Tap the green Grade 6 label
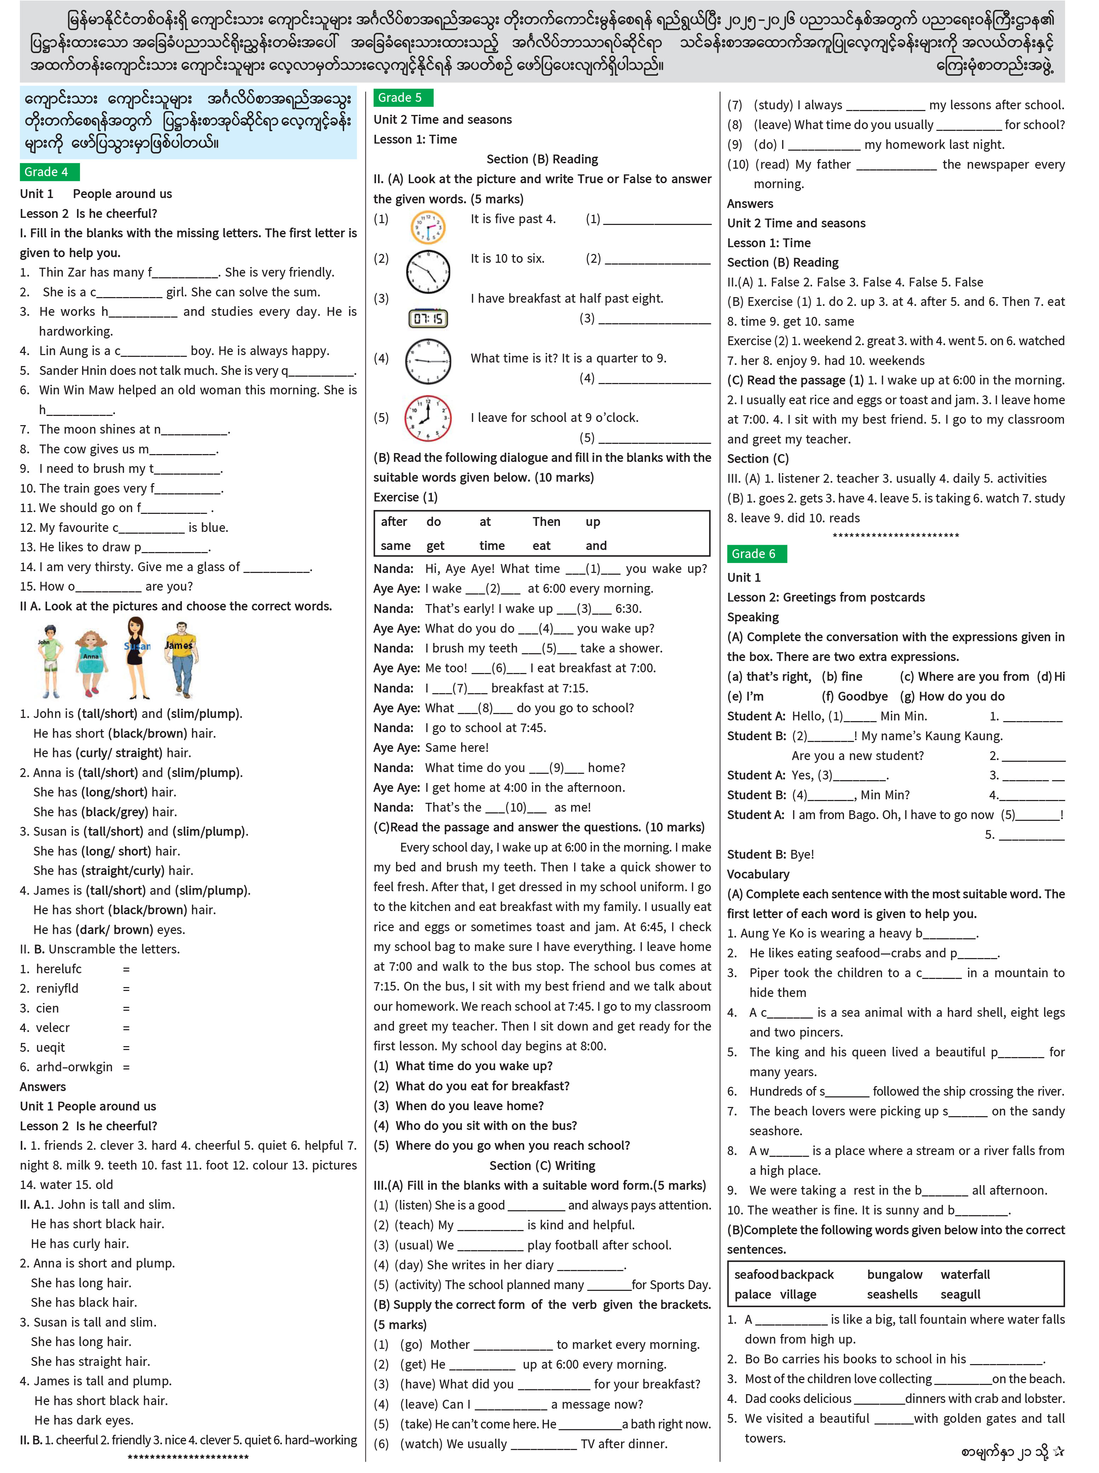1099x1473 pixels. pos(756,554)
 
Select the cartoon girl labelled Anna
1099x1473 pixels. pos(91,662)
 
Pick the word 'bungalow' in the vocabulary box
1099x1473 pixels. pos(894,1275)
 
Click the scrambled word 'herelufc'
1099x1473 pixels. pos(59,969)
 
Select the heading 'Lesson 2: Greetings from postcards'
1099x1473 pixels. pos(826,597)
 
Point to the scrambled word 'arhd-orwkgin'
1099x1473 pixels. pos(74,1067)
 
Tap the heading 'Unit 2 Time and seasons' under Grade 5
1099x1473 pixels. pos(443,120)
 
